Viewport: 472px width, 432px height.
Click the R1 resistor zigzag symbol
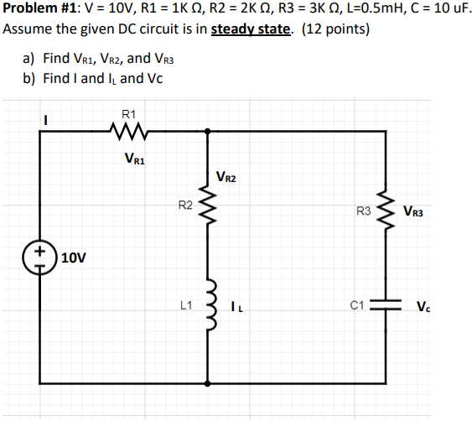[x=128, y=131]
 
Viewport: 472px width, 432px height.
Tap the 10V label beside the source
[x=74, y=258]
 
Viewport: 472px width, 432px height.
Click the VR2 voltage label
[x=227, y=177]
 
